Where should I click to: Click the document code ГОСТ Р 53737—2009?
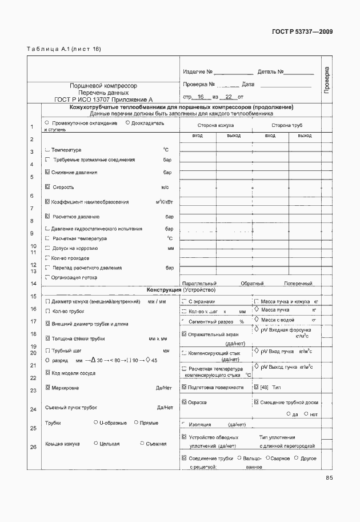pyautogui.click(x=303, y=32)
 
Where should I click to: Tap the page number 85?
pyautogui.click(x=329, y=478)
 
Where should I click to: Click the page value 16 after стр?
pyautogui.click(x=200, y=98)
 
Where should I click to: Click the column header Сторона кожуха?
pyautogui.click(x=215, y=125)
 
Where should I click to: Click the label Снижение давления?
pyautogui.click(x=74, y=172)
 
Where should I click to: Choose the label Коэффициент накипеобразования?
pyautogui.click(x=90, y=202)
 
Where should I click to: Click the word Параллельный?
pyautogui.click(x=199, y=283)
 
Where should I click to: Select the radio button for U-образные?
pyautogui.click(x=95, y=423)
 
